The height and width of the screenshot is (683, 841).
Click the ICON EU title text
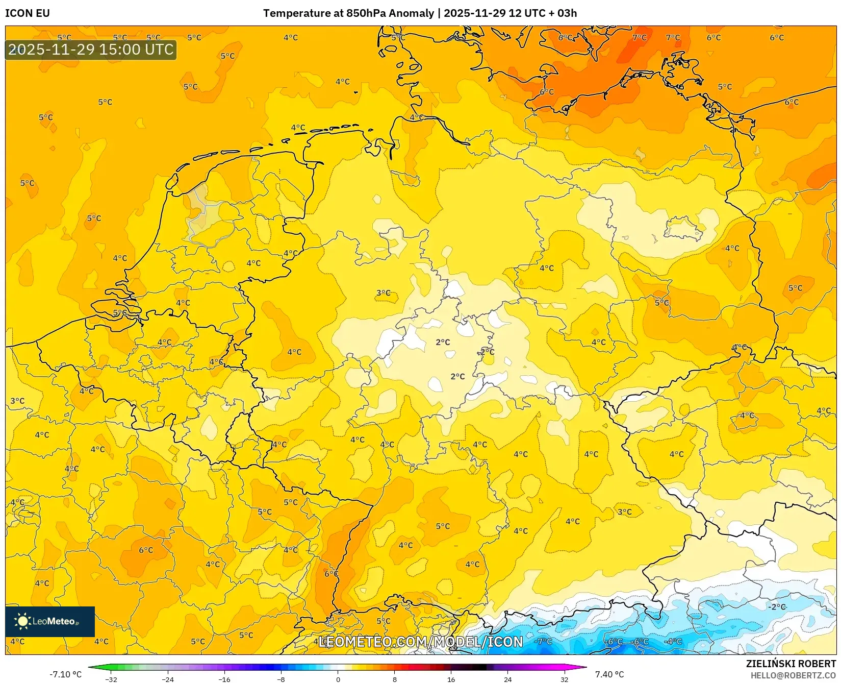pos(28,13)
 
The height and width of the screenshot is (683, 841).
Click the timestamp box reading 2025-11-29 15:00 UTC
pos(91,50)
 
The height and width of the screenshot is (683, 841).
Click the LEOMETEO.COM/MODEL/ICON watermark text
pos(421,642)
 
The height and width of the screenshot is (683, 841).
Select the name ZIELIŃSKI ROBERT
pos(791,664)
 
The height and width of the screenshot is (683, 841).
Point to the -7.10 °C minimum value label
pos(65,674)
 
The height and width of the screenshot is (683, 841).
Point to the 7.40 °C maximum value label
pos(609,674)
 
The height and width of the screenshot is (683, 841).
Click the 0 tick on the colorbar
pos(338,679)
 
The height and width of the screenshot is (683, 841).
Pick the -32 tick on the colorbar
pos(111,679)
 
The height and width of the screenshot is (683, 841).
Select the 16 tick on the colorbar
pos(451,679)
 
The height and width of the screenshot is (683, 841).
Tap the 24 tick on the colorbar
pos(507,679)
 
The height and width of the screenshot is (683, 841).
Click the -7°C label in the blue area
pos(544,641)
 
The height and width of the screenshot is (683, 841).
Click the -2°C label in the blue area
pos(777,607)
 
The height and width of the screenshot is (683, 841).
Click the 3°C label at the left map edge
pos(17,401)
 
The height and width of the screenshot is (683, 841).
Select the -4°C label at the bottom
pos(673,641)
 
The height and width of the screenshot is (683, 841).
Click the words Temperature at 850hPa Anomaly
pos(348,13)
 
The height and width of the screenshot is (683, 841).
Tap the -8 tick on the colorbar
pos(281,679)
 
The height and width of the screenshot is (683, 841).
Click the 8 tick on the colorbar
pos(394,679)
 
